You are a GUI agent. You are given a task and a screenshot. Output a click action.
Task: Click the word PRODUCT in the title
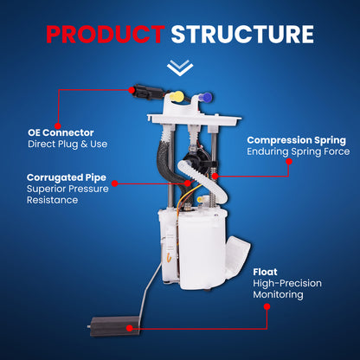coord(104,34)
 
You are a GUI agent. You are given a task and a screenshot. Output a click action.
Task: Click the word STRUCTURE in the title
coord(241,34)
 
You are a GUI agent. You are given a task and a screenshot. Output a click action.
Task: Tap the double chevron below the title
coord(180,67)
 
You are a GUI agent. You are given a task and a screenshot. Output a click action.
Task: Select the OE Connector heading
coord(61,132)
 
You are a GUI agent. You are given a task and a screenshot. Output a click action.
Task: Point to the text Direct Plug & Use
coord(67,145)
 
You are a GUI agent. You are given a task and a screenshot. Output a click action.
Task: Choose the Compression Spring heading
coord(296,139)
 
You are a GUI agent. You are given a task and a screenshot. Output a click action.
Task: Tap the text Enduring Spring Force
coord(296,152)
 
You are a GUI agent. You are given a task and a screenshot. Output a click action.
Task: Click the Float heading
coord(267,270)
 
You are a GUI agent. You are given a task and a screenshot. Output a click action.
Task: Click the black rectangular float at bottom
coord(110,328)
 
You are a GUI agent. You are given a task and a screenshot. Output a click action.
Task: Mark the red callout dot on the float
coord(128,328)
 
